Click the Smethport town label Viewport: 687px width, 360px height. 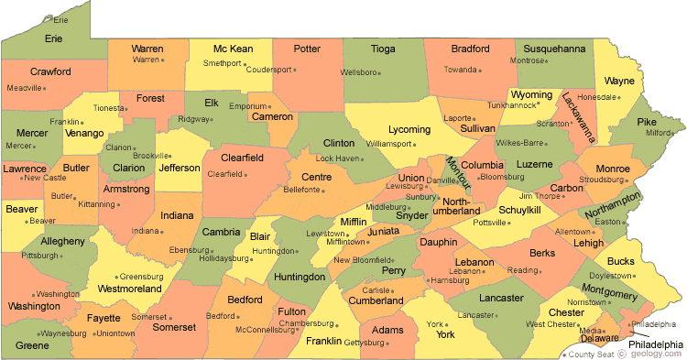222,64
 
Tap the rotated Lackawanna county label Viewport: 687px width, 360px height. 579,116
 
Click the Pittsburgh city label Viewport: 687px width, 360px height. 40,255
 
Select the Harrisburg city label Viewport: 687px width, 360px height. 449,280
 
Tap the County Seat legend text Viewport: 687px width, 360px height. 591,355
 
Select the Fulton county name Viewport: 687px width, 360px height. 292,311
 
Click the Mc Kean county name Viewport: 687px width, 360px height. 234,49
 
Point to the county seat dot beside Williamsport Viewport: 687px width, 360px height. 412,145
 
